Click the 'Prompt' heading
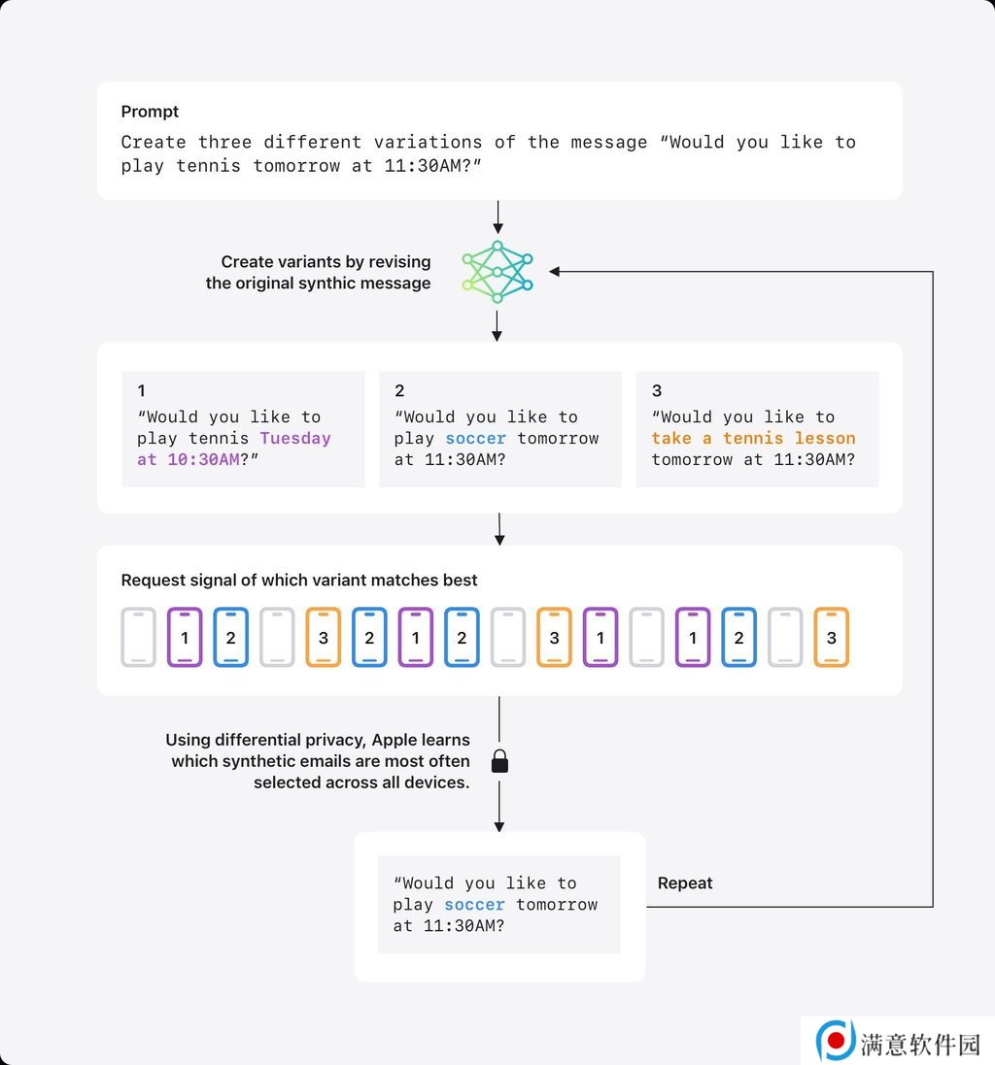click(150, 112)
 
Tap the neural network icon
click(497, 272)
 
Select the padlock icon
click(499, 761)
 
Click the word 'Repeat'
click(684, 883)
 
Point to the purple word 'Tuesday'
click(295, 438)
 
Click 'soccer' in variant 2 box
click(476, 438)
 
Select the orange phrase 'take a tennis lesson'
click(753, 438)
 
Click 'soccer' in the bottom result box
click(474, 905)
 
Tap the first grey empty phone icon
click(139, 637)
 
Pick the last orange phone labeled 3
click(831, 637)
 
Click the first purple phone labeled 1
click(185, 637)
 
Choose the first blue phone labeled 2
click(231, 637)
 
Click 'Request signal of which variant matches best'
click(299, 580)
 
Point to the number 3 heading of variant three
click(657, 390)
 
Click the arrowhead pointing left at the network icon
click(555, 272)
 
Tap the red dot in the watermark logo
click(837, 1039)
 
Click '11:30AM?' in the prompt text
click(432, 166)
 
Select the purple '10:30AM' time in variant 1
click(203, 460)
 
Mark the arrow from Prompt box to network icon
click(498, 217)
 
